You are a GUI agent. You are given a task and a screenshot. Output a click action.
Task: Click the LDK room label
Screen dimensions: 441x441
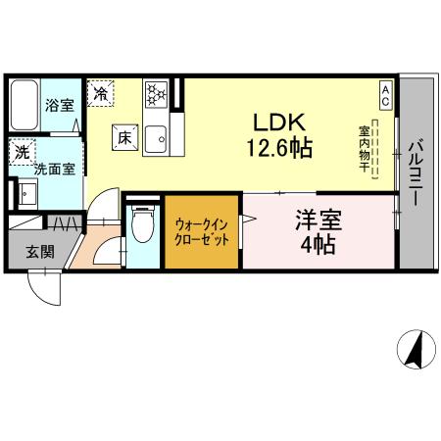281,124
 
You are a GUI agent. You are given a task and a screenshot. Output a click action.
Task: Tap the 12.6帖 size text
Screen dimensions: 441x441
281,150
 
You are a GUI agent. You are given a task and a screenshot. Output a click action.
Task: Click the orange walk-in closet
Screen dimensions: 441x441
202,231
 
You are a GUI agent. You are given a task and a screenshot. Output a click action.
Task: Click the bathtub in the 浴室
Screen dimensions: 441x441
26,103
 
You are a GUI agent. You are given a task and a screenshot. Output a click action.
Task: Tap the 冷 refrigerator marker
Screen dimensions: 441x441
101,94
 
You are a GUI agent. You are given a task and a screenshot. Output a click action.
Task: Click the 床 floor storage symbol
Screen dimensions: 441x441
125,138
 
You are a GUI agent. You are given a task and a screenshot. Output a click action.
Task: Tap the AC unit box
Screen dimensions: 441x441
385,96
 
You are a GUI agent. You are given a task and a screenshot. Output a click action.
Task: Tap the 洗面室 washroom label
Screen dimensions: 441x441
54,169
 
